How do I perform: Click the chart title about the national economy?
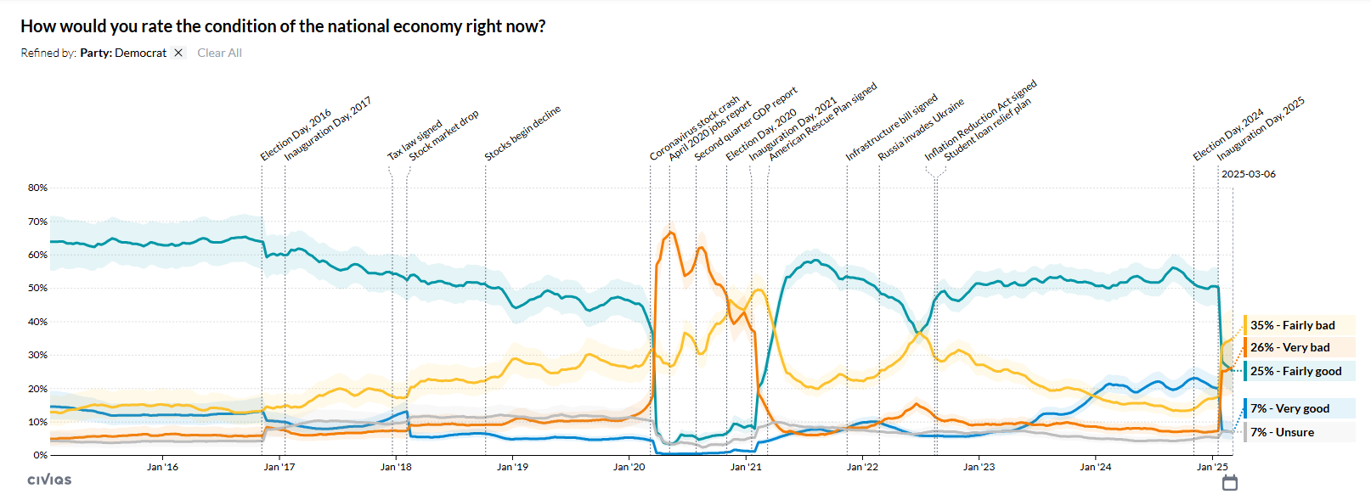283,26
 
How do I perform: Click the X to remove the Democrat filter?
178,53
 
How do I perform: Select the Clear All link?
219,53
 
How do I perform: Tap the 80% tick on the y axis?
37,188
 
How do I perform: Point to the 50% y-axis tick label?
37,288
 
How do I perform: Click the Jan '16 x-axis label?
162,467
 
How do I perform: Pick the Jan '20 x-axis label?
629,467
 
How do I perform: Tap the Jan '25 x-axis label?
1212,467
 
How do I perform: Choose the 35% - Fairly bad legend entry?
1292,325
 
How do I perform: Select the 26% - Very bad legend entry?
1289,347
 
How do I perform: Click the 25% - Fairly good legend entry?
1295,371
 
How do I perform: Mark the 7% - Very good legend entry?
1289,408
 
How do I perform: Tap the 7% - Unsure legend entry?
1282,432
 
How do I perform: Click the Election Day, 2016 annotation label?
296,135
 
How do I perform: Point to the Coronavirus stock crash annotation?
694,129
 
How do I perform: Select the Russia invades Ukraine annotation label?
921,130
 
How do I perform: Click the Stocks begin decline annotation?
522,133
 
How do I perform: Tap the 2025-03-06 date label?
1248,174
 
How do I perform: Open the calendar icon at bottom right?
1229,483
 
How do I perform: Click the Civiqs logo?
49,480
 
